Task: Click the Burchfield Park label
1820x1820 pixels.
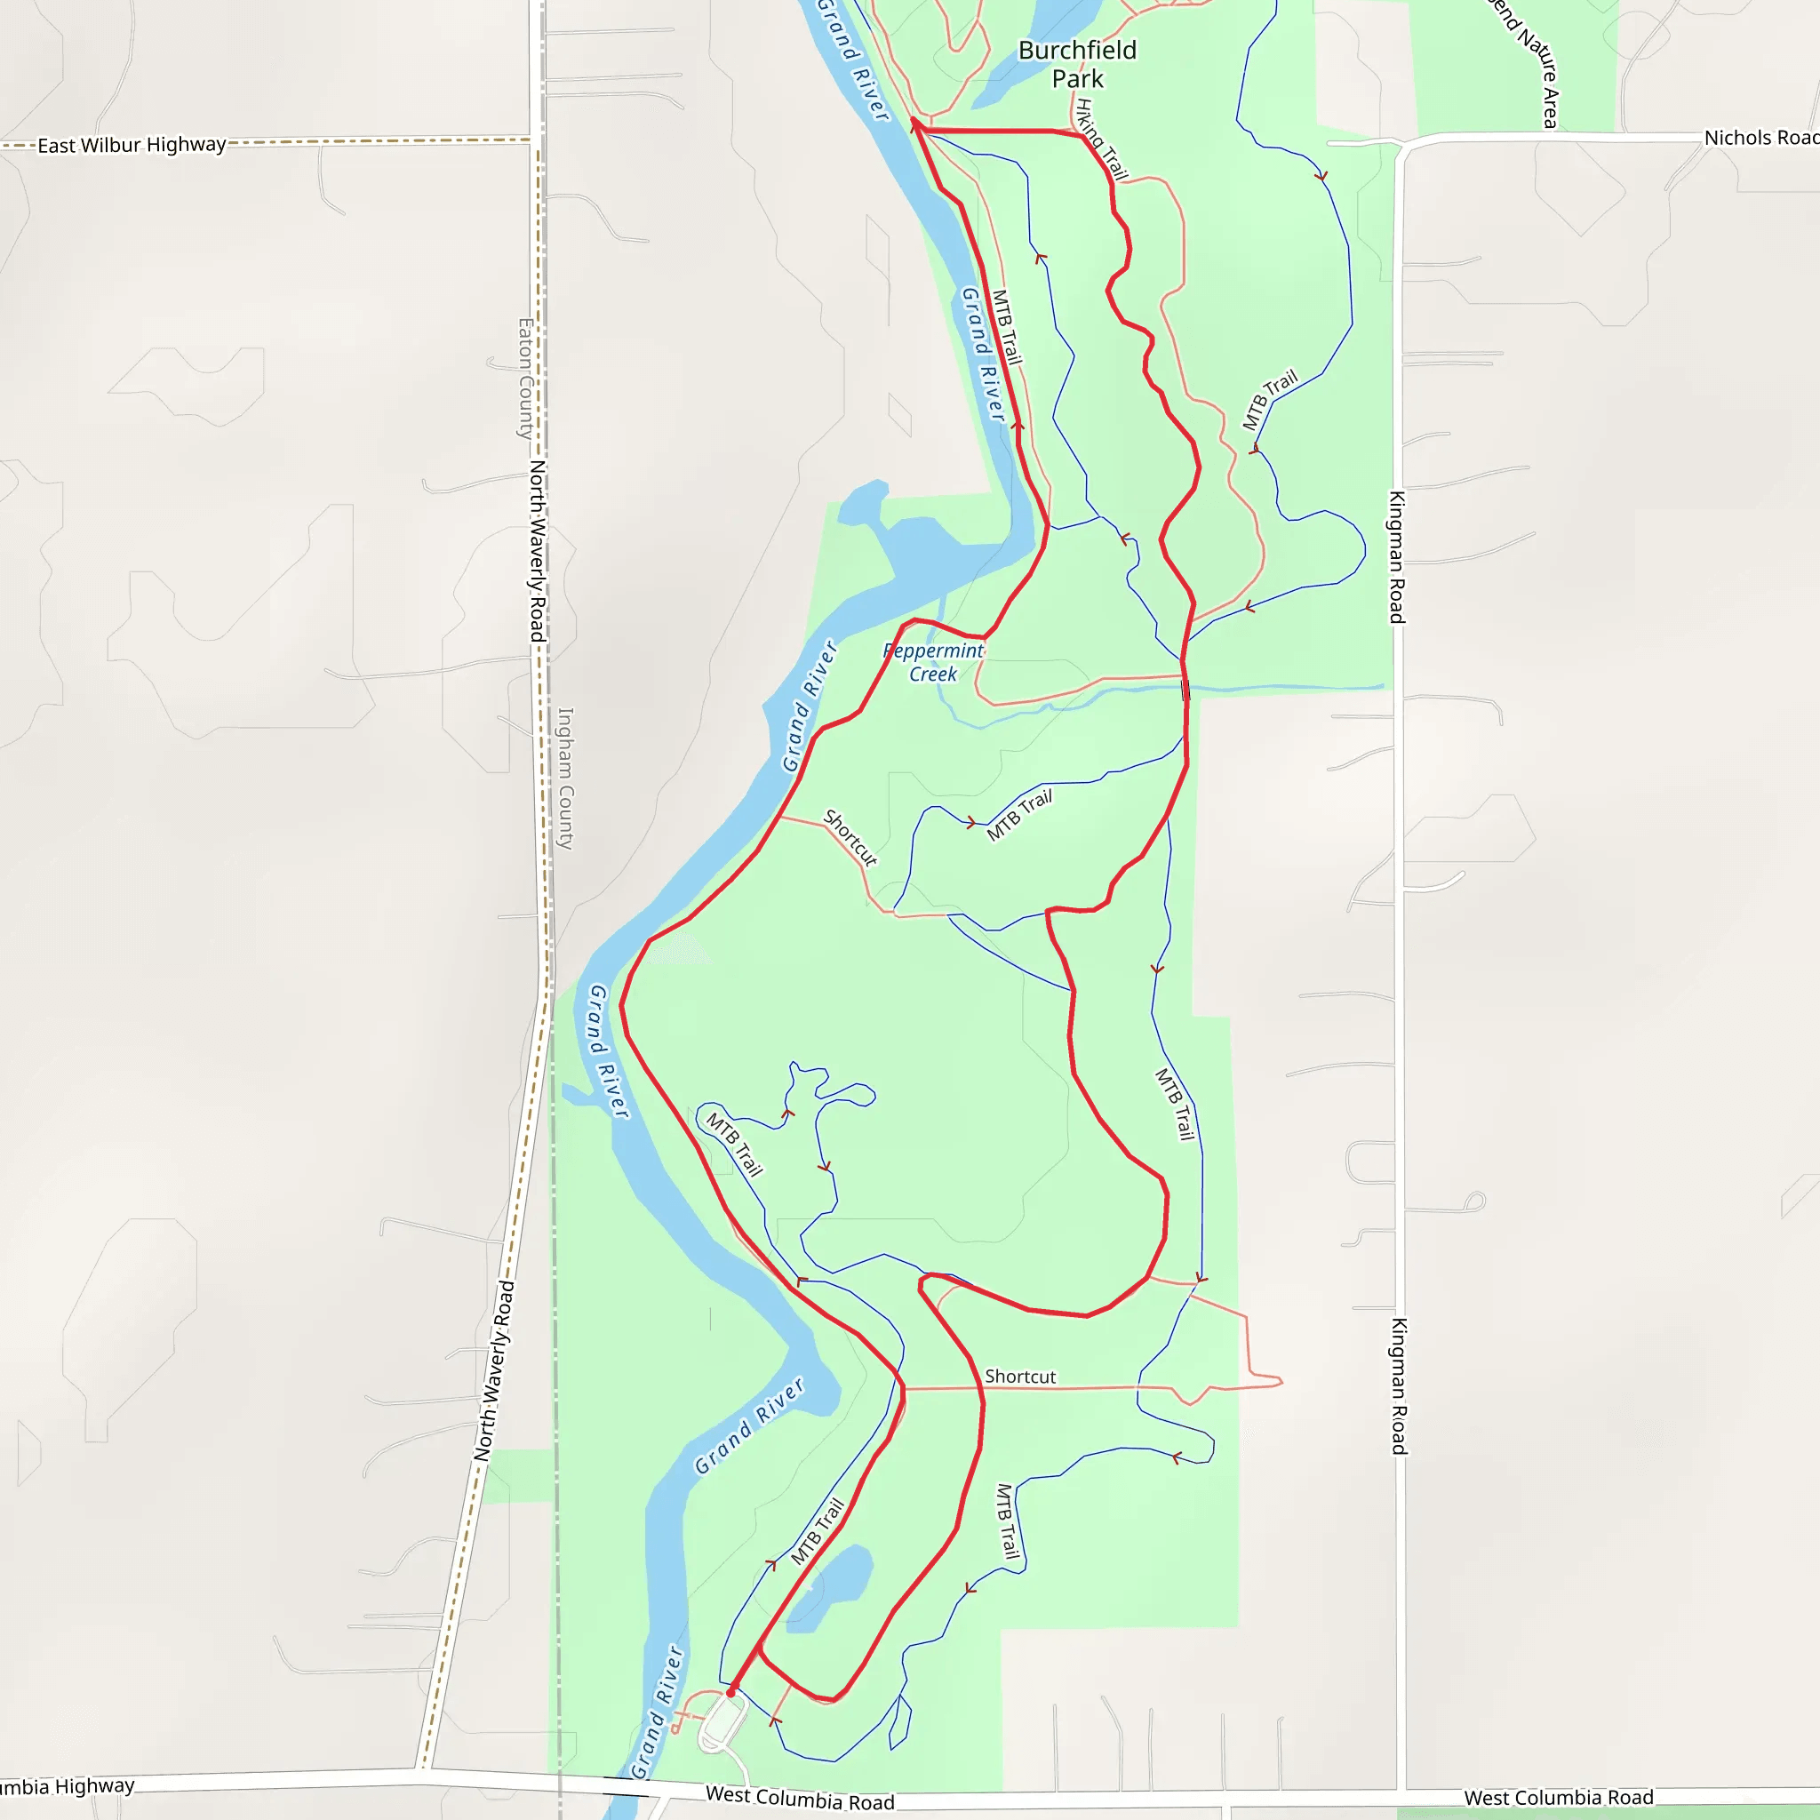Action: (1078, 64)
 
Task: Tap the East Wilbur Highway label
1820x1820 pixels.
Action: (132, 145)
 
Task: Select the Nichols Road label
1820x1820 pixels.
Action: (1760, 138)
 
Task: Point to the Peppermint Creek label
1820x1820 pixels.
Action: (932, 662)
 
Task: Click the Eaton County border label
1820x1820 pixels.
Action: (526, 378)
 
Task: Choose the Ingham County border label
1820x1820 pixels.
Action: (565, 778)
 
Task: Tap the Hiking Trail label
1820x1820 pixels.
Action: (1101, 140)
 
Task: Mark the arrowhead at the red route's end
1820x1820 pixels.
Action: (914, 124)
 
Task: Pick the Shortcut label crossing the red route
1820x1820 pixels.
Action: (1020, 1377)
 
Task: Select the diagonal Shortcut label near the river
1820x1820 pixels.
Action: (850, 836)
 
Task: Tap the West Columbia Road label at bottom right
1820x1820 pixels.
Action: (1558, 1798)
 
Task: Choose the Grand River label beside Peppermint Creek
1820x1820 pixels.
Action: (810, 706)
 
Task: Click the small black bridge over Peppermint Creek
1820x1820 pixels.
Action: (1185, 690)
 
